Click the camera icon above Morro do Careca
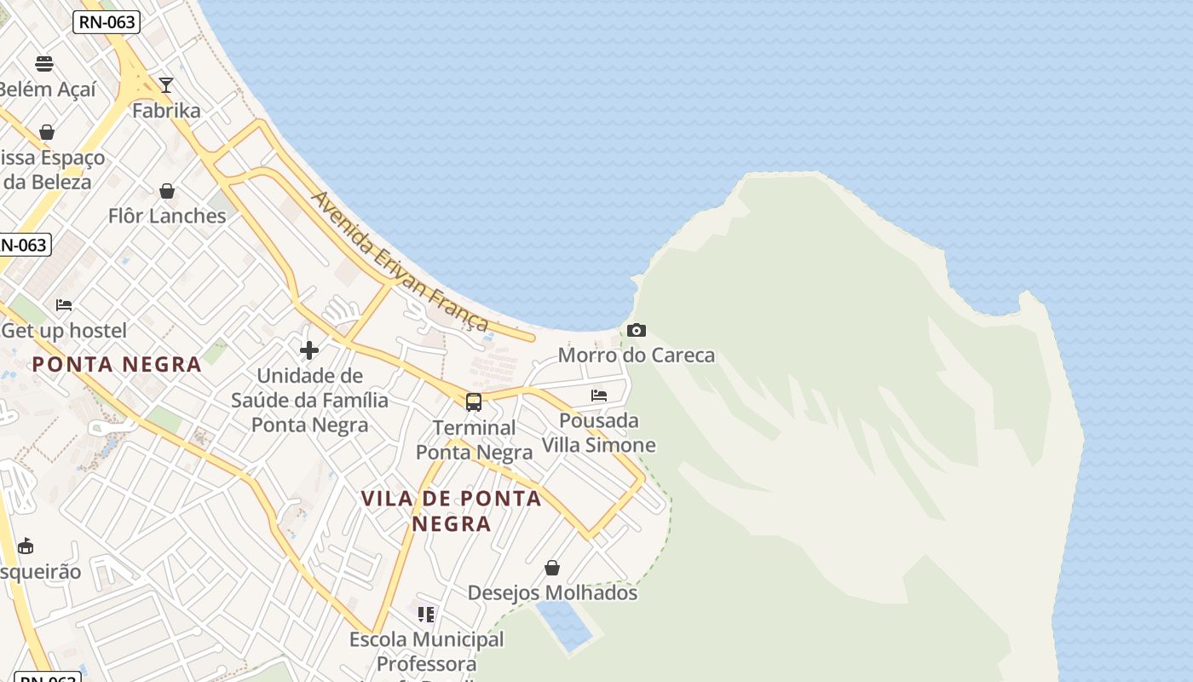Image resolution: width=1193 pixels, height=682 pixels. [637, 330]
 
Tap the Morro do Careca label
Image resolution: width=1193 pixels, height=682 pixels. [637, 355]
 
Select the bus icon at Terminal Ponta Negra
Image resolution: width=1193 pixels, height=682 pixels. [474, 402]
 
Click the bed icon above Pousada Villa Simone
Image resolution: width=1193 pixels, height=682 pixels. [599, 396]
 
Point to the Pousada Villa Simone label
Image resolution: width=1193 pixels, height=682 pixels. [599, 433]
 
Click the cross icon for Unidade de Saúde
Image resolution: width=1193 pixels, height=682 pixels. [309, 350]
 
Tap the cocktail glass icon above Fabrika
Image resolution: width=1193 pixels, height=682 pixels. [166, 85]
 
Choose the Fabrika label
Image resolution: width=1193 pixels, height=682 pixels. [166, 111]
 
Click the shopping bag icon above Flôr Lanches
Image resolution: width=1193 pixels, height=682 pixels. [167, 190]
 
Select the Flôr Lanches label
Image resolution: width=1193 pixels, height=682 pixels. [167, 216]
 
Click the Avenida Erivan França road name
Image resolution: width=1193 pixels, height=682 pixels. [401, 260]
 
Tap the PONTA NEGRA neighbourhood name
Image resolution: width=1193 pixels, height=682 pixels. [117, 365]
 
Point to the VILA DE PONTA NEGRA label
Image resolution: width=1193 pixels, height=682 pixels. [452, 511]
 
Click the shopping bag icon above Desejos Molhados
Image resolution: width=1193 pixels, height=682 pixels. [552, 568]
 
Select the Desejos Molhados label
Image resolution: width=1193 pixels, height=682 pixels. [552, 592]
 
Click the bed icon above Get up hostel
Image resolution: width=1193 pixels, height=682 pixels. [64, 304]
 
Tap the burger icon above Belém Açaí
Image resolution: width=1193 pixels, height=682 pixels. [44, 64]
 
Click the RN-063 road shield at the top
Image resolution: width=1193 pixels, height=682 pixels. [106, 22]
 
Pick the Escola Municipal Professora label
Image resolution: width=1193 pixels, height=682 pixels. [427, 650]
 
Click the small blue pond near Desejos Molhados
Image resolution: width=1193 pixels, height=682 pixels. [564, 626]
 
